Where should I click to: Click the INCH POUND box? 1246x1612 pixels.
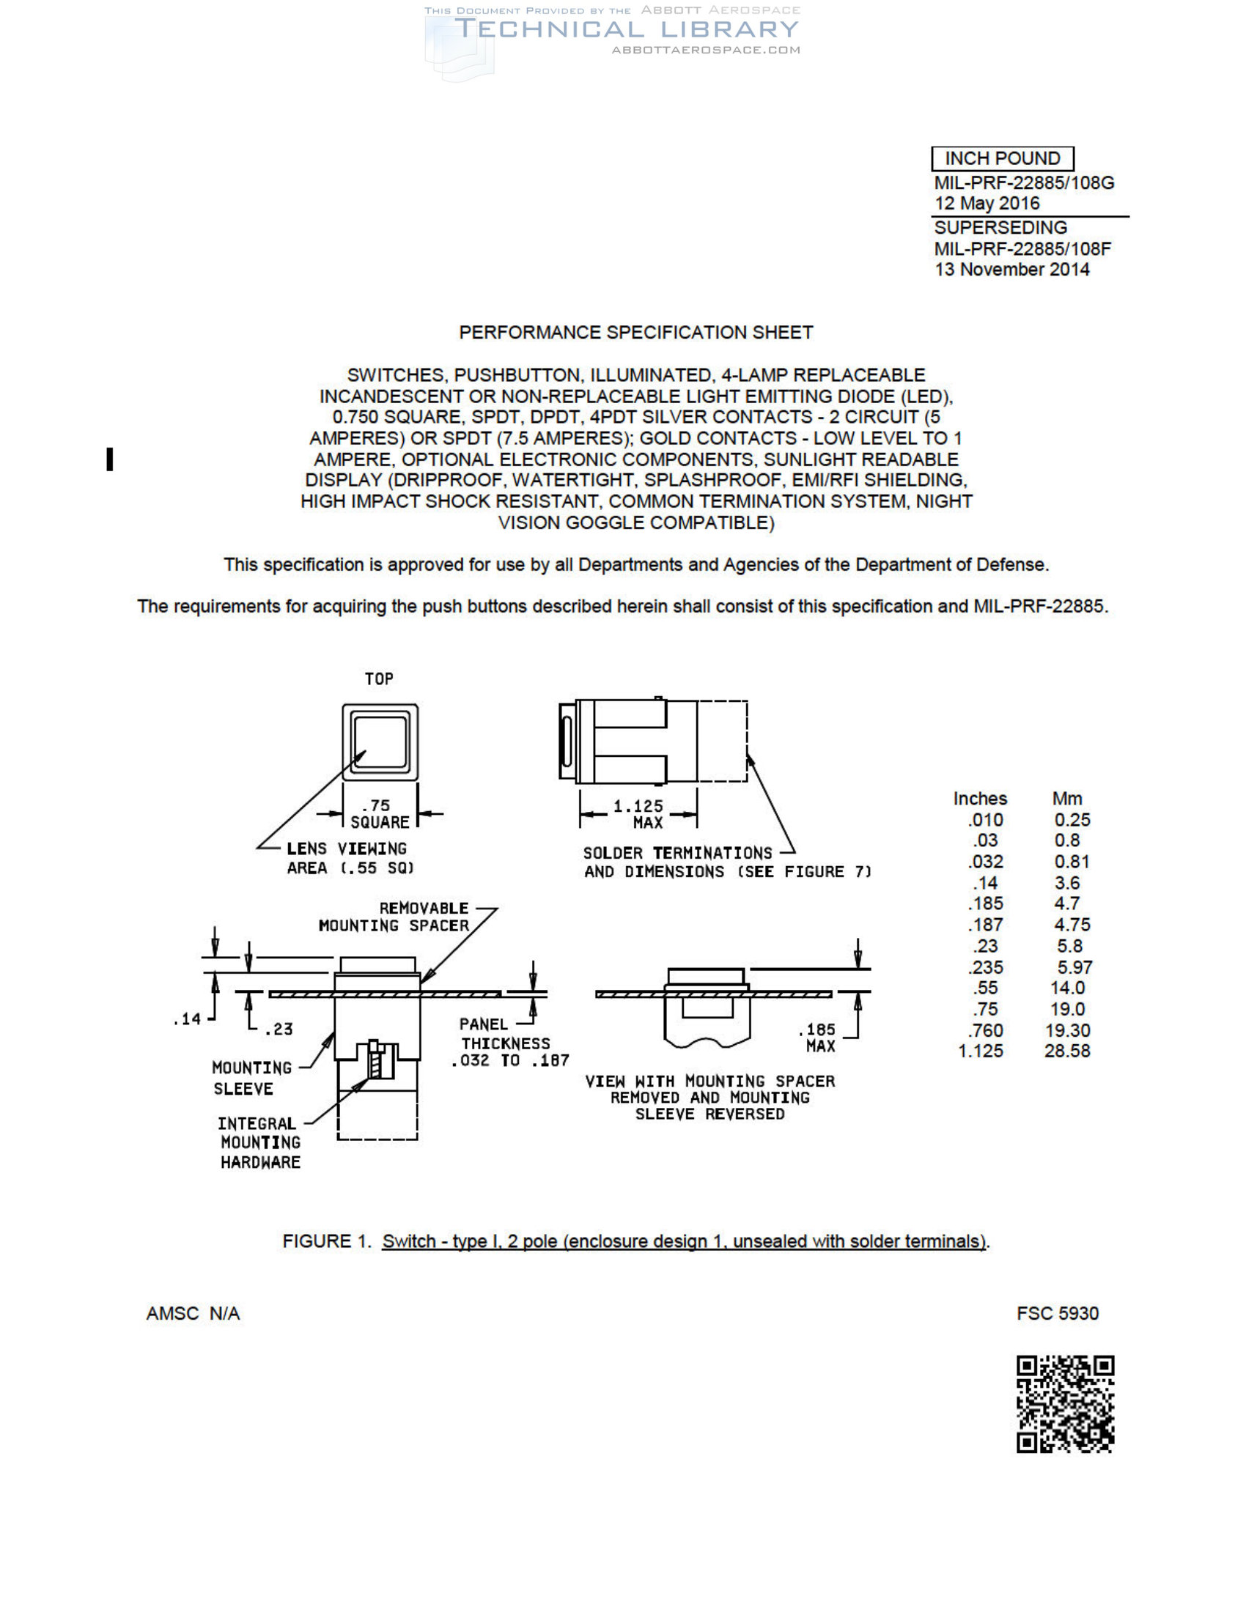(1002, 159)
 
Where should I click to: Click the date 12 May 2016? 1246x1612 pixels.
(987, 204)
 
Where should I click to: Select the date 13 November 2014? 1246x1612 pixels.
(1011, 270)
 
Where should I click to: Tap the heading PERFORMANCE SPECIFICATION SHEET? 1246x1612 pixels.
(635, 333)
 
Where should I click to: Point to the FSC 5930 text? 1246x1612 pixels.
(1057, 1314)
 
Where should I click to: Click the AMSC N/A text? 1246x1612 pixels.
(193, 1314)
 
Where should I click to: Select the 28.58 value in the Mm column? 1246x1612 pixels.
(1066, 1051)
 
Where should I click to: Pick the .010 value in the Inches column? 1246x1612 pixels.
(985, 820)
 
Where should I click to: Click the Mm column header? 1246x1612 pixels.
(1066, 799)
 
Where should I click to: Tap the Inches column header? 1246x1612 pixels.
(979, 799)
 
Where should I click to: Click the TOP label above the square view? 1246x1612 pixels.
(379, 679)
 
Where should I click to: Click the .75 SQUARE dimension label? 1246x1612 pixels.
(379, 814)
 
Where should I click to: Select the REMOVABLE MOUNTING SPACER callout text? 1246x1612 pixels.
(394, 917)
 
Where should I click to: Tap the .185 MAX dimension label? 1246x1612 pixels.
(818, 1038)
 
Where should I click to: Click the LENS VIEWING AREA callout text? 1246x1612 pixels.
(349, 859)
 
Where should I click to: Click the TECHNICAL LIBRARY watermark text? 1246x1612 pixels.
(626, 29)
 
